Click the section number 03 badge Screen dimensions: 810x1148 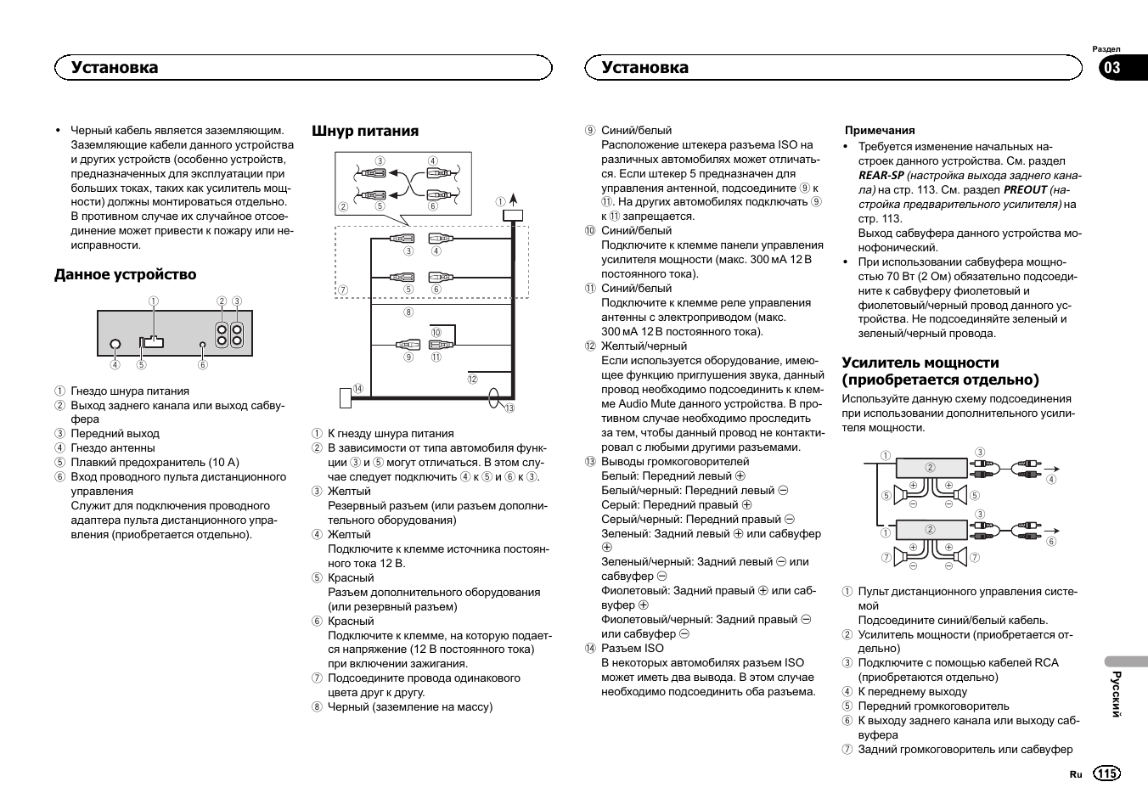pos(1111,69)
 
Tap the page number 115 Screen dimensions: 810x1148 pos(1106,773)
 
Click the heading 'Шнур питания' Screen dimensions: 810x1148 pos(365,131)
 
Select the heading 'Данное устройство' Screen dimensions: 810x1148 pos(125,274)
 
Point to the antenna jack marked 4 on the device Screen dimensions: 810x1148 pos(115,346)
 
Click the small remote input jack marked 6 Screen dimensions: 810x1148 pos(202,346)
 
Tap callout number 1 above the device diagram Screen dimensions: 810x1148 pos(154,301)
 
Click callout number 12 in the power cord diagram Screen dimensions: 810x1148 pos(472,380)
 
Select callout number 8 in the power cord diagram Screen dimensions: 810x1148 pos(408,312)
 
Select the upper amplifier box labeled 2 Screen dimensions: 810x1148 pos(931,467)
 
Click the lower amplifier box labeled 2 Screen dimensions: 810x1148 pos(931,529)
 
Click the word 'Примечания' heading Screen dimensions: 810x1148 pos(880,131)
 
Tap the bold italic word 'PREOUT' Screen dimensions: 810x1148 pos(1025,190)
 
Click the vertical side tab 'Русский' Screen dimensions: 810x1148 pos(1117,694)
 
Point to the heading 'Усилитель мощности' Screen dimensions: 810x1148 pos(920,363)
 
